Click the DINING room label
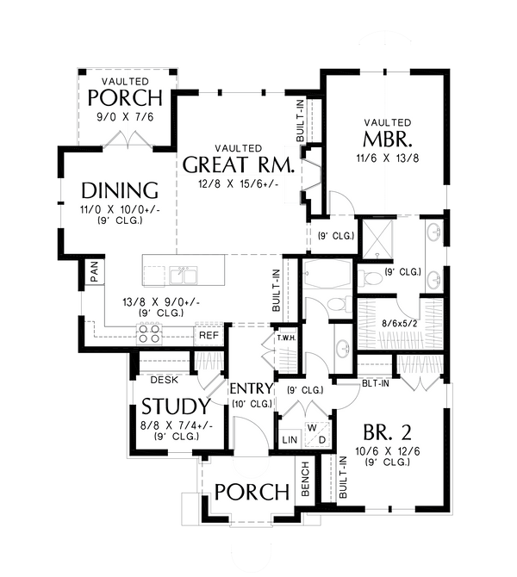tap(120, 190)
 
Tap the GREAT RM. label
tap(239, 164)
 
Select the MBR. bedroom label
tap(387, 140)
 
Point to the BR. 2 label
tap(387, 432)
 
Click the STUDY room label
tap(176, 406)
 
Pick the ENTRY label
tap(252, 388)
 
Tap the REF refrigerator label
tap(209, 335)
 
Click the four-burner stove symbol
tap(149, 333)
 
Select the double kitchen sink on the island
tap(183, 275)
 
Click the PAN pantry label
tap(95, 271)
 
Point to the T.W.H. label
tap(287, 338)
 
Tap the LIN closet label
tap(290, 440)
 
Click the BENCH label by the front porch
tap(305, 479)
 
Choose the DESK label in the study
tap(165, 380)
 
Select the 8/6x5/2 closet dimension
tap(399, 324)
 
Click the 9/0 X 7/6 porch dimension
tap(125, 117)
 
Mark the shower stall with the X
tap(377, 238)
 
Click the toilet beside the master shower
tap(370, 278)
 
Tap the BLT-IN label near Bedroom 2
tap(375, 383)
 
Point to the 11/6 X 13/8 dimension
tap(388, 158)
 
